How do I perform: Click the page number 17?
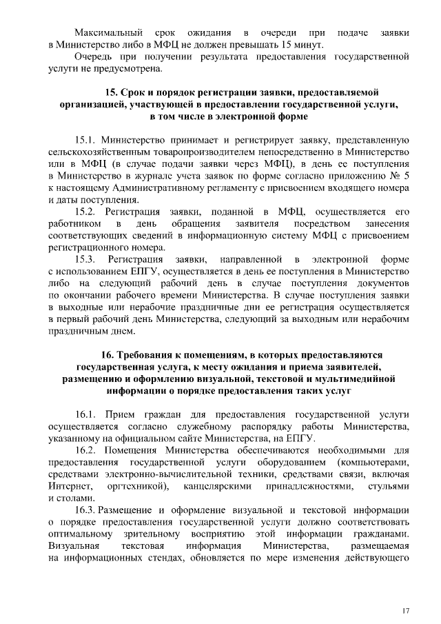(x=407, y=611)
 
